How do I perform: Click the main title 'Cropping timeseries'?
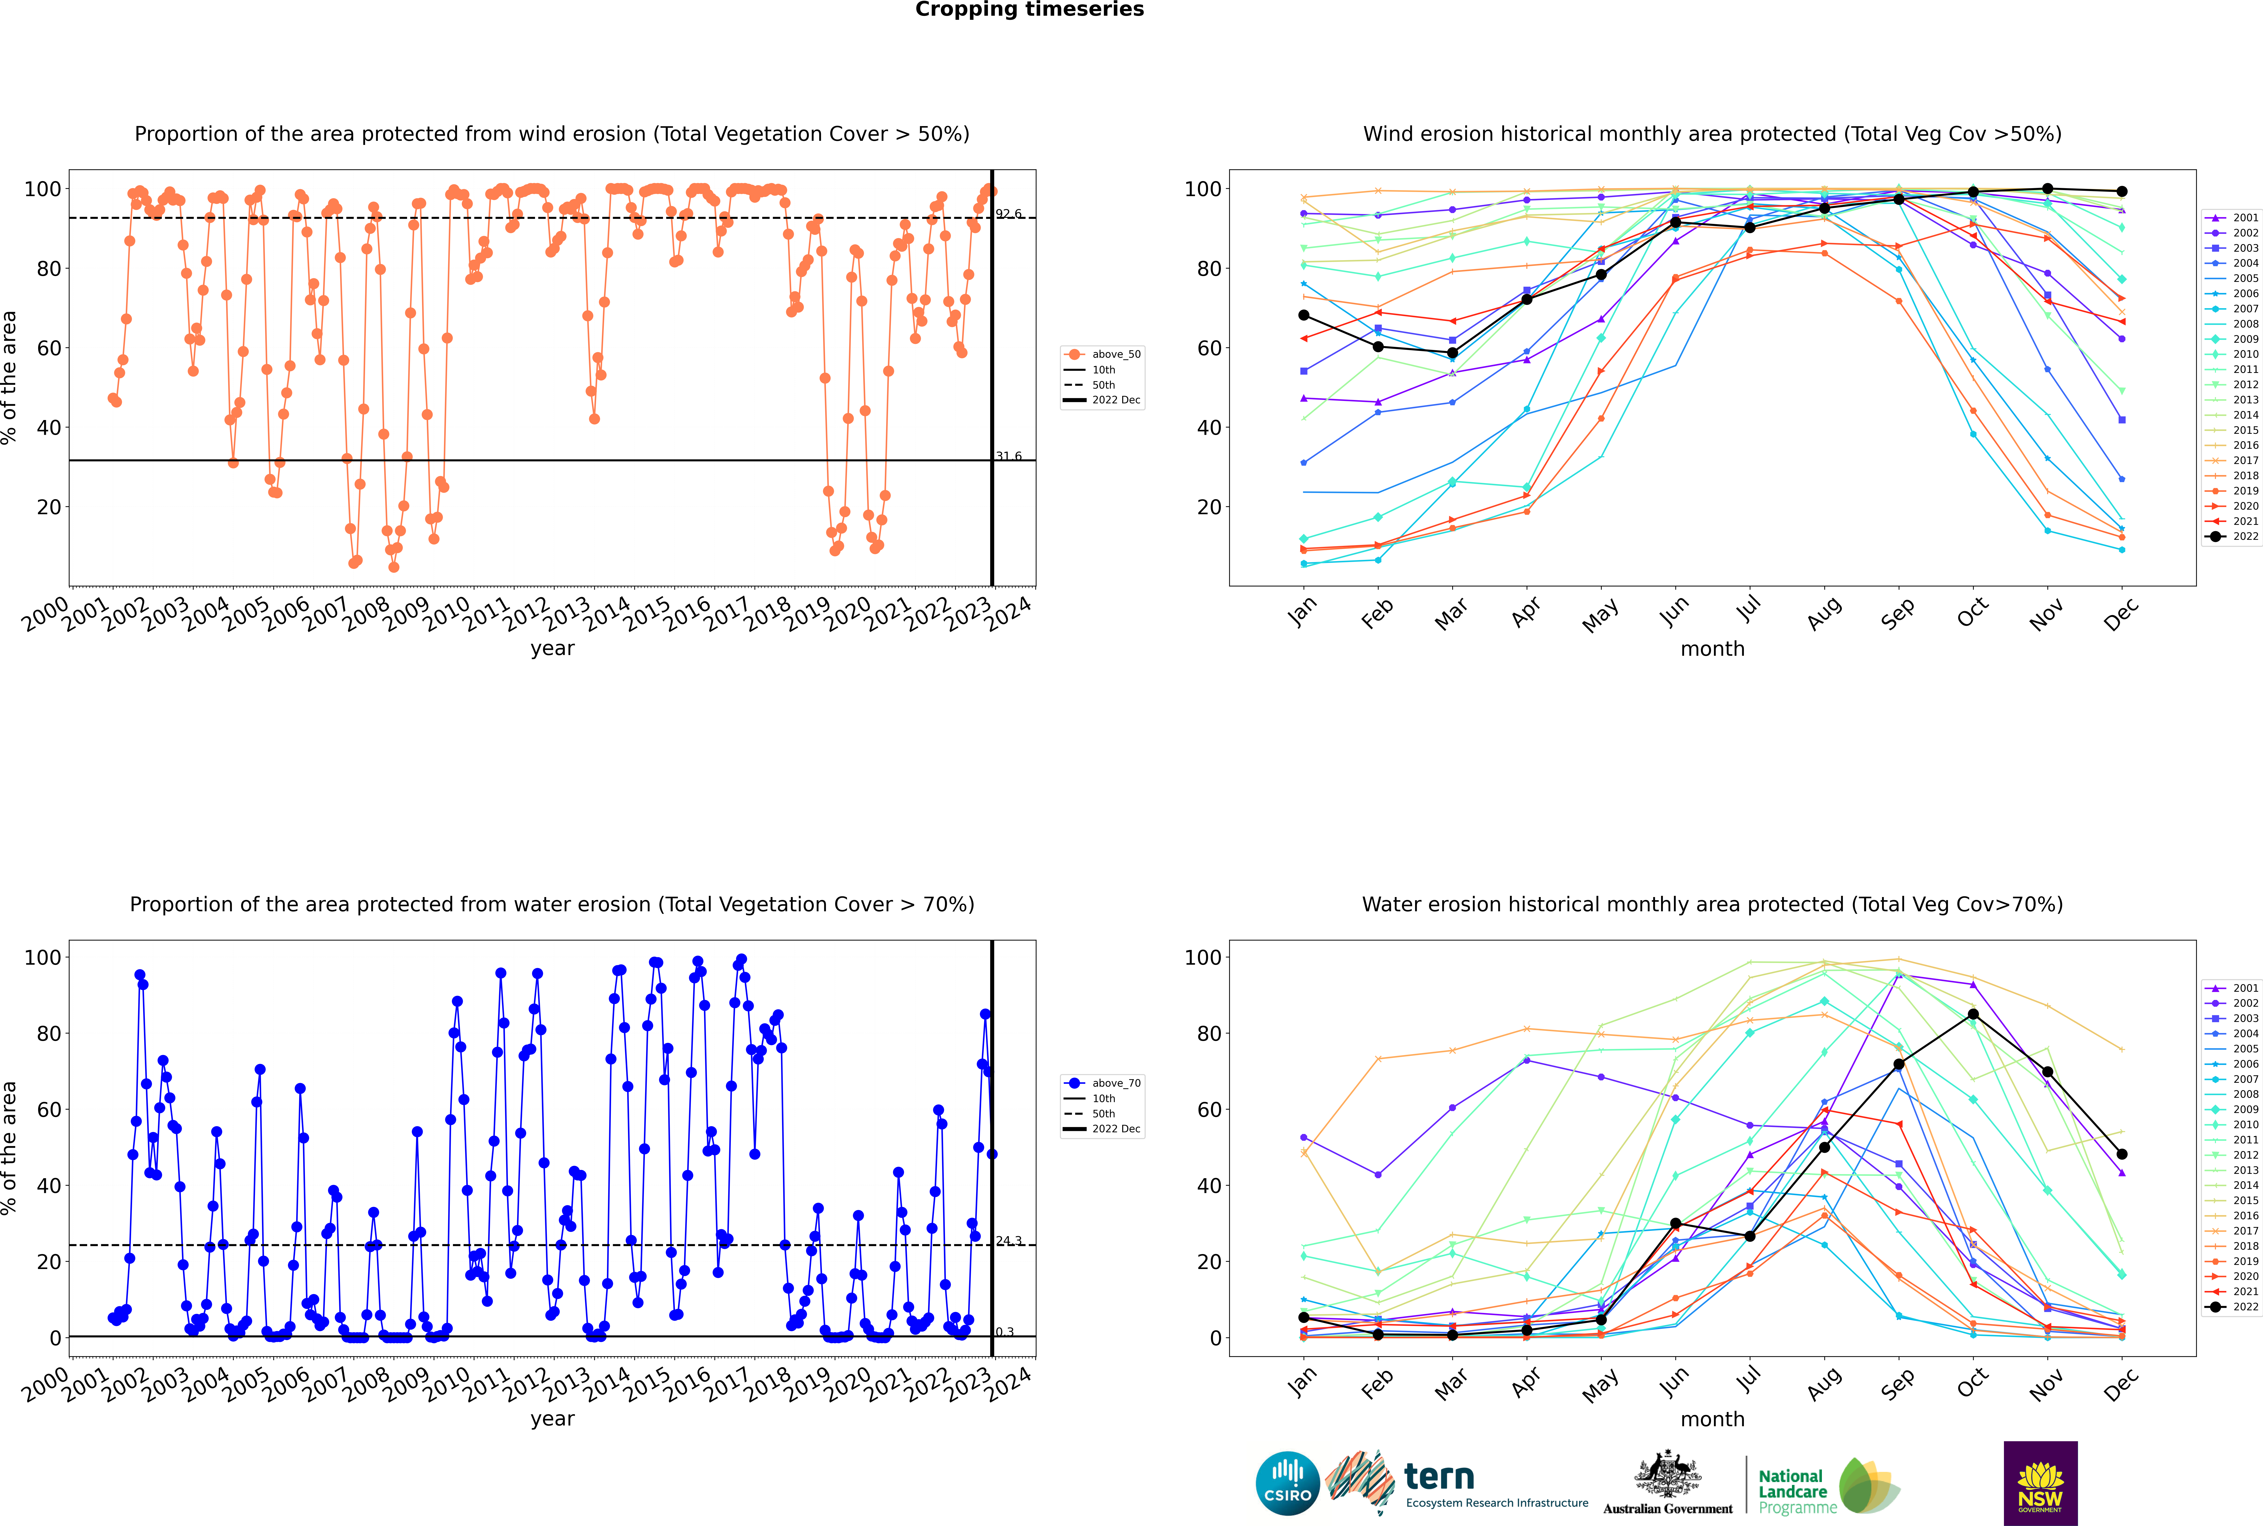pos(1029,10)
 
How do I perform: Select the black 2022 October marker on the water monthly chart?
pos(1973,1014)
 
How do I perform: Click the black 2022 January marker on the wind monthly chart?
pos(1304,315)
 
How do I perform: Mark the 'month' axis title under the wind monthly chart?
pos(1712,649)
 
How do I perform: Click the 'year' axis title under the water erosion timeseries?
pos(553,1419)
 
